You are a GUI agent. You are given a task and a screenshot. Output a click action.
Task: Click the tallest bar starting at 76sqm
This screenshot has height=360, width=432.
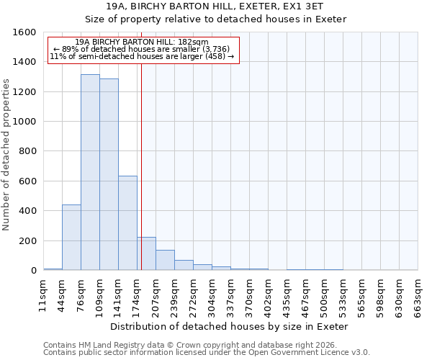click(x=90, y=173)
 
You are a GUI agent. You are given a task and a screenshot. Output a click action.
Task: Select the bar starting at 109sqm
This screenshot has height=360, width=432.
click(x=109, y=175)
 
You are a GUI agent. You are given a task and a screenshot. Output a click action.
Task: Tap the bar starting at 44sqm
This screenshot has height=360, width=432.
click(x=71, y=238)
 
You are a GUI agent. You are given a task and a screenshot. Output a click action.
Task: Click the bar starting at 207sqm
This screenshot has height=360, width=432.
click(x=165, y=260)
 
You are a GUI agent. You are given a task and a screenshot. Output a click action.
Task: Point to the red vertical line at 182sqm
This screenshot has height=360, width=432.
click(x=141, y=166)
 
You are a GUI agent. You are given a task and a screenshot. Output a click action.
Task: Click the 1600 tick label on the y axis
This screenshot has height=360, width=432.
click(x=24, y=32)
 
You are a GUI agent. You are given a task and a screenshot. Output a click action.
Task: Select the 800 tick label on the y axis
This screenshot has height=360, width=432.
click(x=27, y=151)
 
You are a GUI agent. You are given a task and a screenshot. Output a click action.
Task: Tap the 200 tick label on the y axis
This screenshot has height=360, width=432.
click(x=27, y=240)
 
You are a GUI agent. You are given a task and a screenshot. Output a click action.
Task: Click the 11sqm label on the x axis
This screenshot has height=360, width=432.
click(x=43, y=294)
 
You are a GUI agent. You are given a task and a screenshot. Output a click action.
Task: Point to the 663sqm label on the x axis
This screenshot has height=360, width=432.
click(x=418, y=294)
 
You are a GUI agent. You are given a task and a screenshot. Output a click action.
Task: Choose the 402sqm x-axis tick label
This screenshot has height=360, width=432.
click(x=268, y=294)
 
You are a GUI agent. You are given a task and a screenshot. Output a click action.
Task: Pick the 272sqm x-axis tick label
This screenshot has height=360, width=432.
click(x=193, y=294)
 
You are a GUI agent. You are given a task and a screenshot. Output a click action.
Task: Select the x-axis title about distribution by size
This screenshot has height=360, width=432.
click(x=230, y=326)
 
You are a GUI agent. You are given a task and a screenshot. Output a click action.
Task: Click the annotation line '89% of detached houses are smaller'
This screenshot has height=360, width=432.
click(x=142, y=49)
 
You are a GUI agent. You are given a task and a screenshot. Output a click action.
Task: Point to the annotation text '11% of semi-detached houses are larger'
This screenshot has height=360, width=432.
click(x=142, y=56)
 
